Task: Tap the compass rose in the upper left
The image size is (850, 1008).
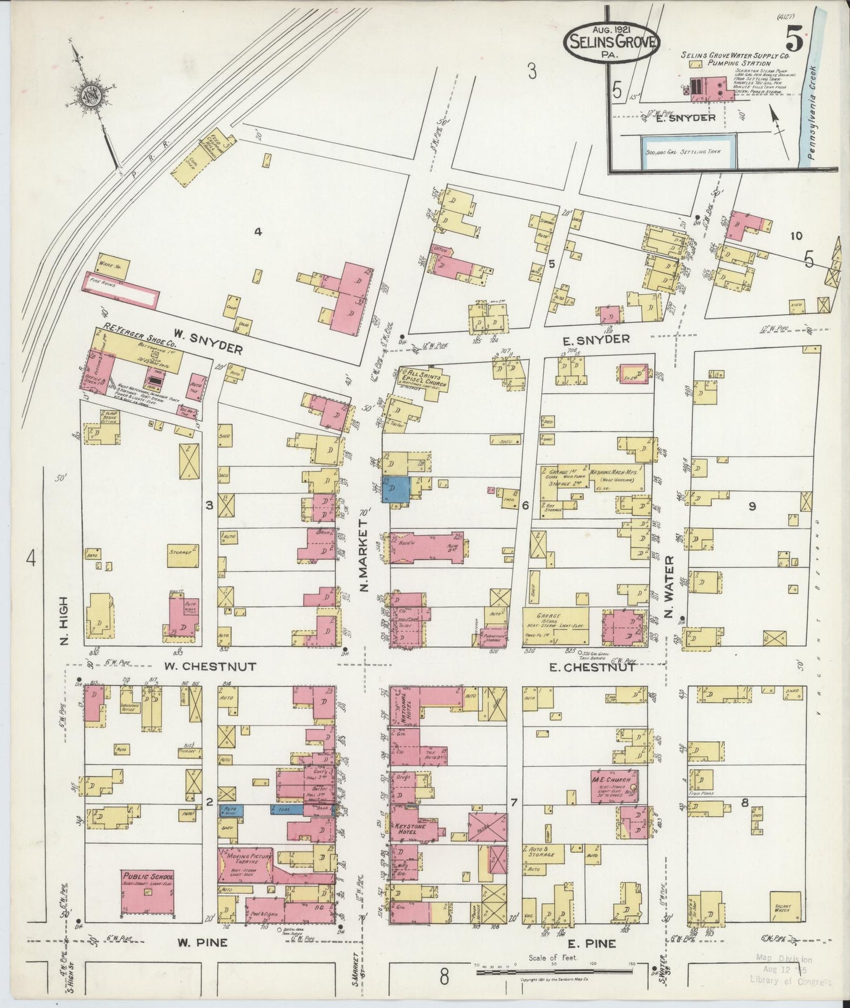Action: pos(94,93)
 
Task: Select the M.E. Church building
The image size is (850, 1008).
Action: pos(614,786)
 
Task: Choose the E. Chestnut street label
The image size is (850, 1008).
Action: pos(591,667)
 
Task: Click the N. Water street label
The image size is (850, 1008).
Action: pos(668,588)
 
